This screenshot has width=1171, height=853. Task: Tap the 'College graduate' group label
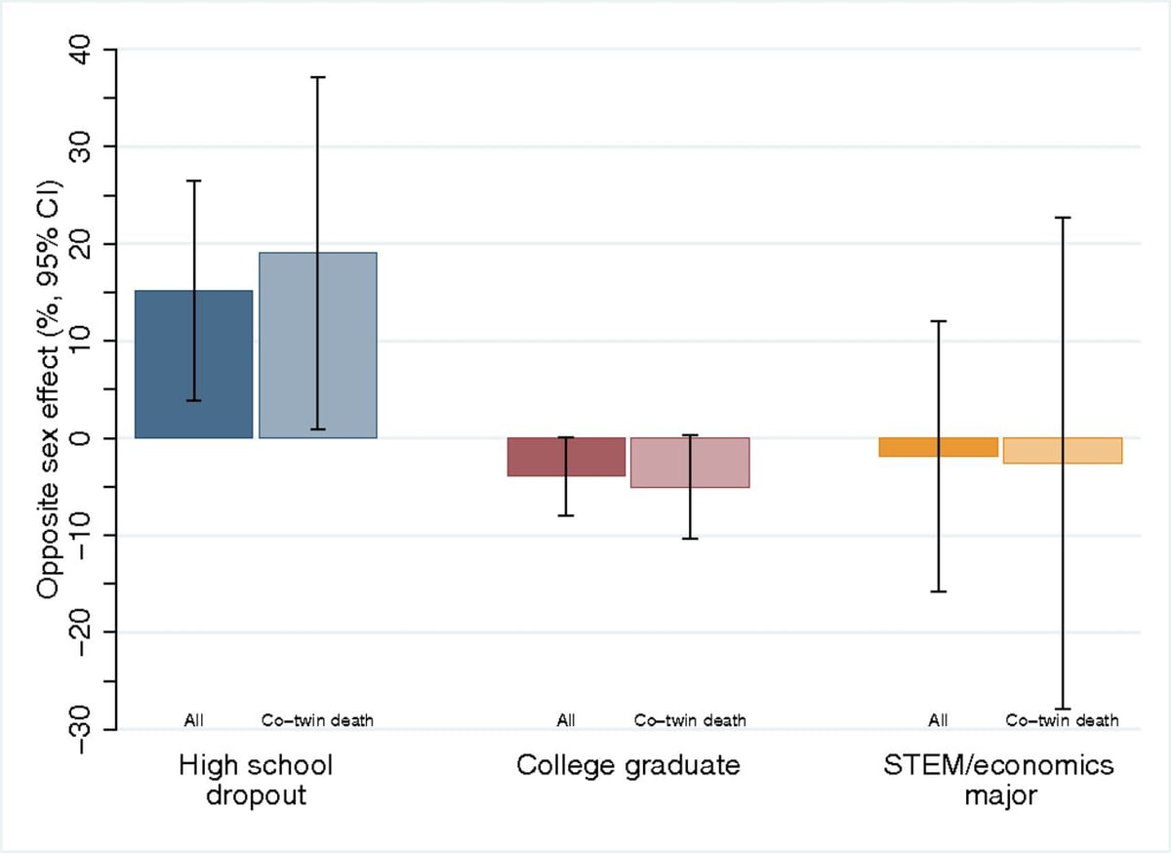coord(628,766)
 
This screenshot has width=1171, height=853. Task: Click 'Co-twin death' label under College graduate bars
coord(690,720)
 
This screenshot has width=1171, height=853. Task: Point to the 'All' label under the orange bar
coord(938,720)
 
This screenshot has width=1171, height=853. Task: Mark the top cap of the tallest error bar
coord(318,77)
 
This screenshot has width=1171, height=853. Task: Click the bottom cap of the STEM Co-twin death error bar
coord(1063,709)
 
